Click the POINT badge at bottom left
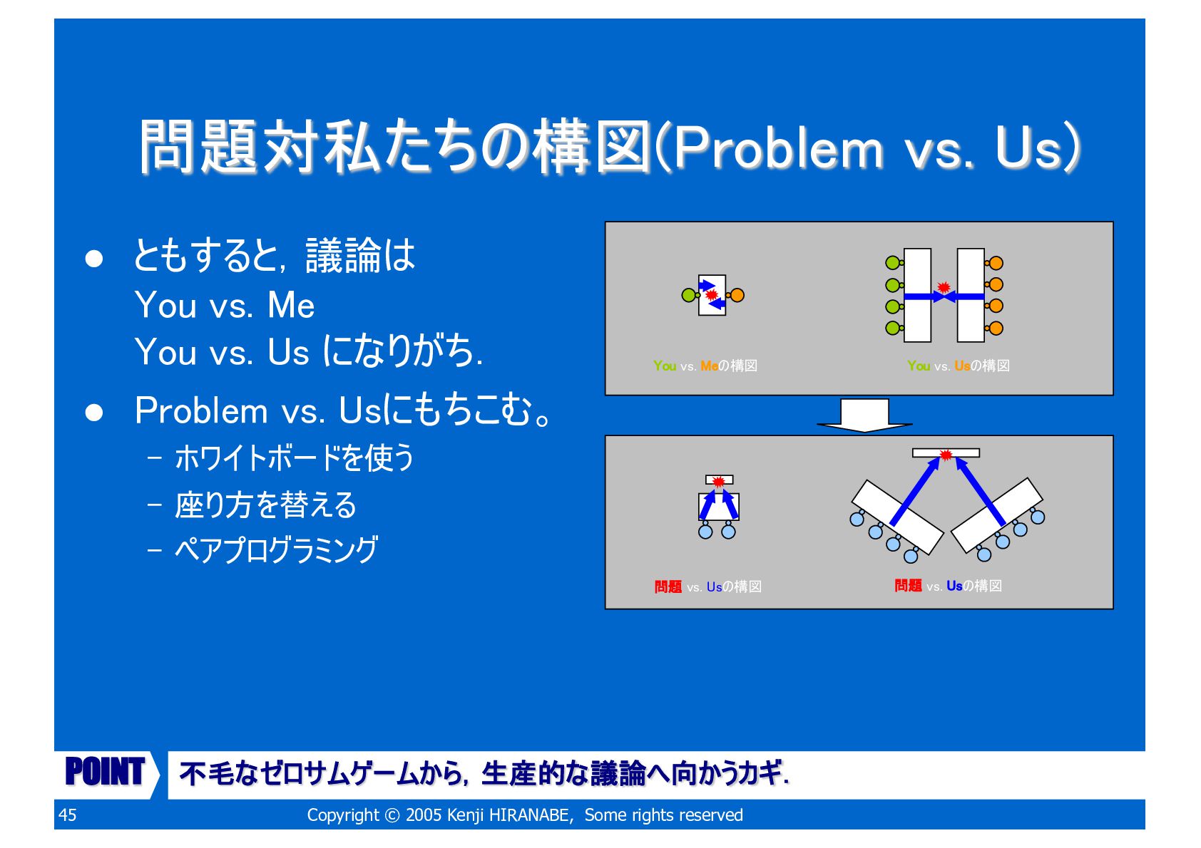coord(106,772)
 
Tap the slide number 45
coord(68,815)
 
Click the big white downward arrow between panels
coord(864,415)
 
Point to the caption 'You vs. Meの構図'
coord(705,366)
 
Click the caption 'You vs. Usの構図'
coord(958,366)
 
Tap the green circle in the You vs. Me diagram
coord(688,295)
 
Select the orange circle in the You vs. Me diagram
coord(737,295)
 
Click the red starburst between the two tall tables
coord(944,287)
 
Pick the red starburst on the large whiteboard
coord(946,455)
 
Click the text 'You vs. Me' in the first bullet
coord(225,306)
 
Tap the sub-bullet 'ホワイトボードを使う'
coord(294,458)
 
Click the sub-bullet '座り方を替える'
coord(265,505)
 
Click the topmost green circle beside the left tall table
coord(892,263)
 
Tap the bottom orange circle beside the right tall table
coord(996,328)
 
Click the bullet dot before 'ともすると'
coord(94,259)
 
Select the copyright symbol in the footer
coord(392,815)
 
